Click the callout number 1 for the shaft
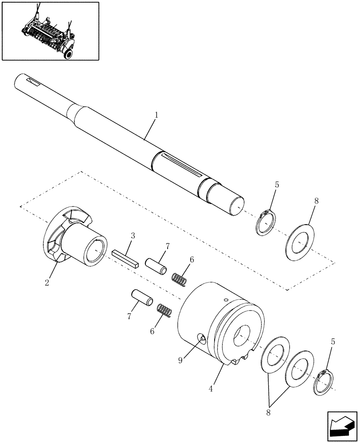[156, 115]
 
